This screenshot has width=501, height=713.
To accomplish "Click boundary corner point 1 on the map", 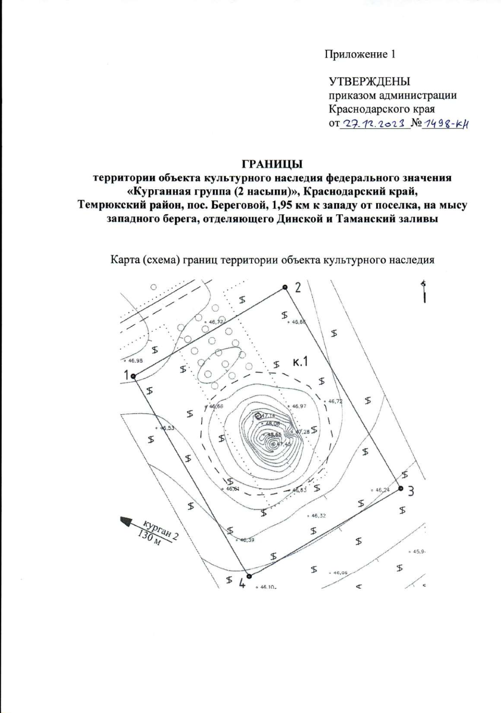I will pos(134,376).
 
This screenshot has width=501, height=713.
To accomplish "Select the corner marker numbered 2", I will pos(285,287).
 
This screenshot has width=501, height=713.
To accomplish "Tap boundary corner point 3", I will pos(400,488).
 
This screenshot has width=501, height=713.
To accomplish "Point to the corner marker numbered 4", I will pos(249,576).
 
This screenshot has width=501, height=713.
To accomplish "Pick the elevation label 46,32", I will pos(318,516).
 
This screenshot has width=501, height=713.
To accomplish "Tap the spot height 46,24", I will pos(382,490).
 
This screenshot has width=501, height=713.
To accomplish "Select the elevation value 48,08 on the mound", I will pos(273,424).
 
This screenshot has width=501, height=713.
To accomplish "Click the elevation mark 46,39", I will pos(246,540).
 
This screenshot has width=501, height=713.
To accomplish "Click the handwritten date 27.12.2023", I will pos(374,123).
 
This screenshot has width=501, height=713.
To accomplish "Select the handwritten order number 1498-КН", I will pos(445,123).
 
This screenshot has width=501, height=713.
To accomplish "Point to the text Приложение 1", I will pos(360,54).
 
